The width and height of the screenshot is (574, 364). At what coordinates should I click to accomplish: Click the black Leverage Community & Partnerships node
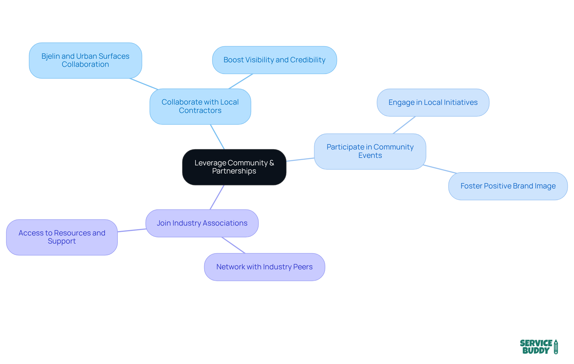[x=234, y=167]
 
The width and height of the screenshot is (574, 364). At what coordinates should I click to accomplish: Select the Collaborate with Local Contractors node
[x=200, y=106]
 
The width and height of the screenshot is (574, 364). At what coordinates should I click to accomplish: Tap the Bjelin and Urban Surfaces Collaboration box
[x=85, y=60]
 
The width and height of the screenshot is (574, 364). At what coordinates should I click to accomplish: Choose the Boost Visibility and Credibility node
[x=274, y=60]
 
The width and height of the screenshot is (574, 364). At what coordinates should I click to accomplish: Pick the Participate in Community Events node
[x=370, y=151]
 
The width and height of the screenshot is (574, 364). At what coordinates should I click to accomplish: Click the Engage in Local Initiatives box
[x=433, y=102]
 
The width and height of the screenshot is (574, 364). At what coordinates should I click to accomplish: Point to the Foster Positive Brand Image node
[x=508, y=186]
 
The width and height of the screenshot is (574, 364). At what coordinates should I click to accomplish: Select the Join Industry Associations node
[x=202, y=223]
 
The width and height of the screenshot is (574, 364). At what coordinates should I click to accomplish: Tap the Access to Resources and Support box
[x=62, y=237]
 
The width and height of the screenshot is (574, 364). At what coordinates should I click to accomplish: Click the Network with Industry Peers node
[x=264, y=267]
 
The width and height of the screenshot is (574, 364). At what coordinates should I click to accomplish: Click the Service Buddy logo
[x=538, y=347]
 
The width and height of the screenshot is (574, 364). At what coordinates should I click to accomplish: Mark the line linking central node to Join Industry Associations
[x=217, y=197]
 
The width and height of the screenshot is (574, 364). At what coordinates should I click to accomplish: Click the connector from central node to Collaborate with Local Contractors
[x=217, y=137]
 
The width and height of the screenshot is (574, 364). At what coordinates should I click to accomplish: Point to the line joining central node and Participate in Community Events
[x=300, y=160]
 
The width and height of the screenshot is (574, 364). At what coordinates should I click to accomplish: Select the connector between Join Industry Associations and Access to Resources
[x=132, y=230]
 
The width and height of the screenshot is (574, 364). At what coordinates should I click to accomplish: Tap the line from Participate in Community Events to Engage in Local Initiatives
[x=404, y=125]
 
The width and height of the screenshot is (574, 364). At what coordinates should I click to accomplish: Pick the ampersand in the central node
[x=271, y=163]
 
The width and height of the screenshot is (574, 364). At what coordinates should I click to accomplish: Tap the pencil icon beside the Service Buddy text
[x=556, y=347]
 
